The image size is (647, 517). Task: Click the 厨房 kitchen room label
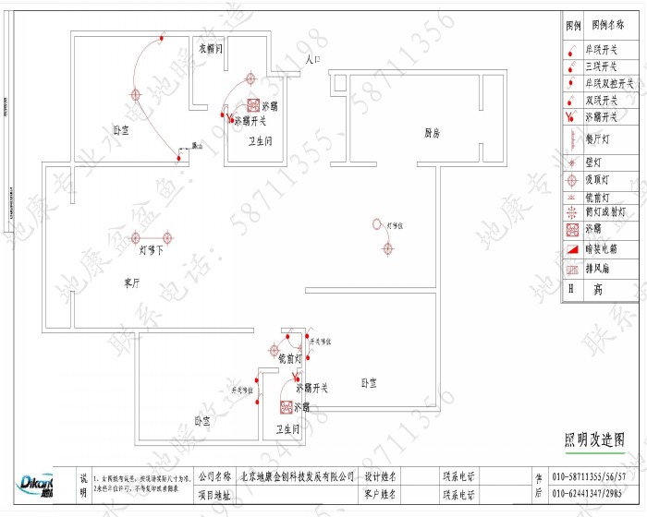point(432,134)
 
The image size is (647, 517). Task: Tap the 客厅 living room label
point(131,283)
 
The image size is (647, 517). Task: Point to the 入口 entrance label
point(312,59)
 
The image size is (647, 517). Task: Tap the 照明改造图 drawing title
point(594,440)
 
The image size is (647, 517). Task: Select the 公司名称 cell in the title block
point(214,476)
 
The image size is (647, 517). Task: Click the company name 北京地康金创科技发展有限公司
point(298,476)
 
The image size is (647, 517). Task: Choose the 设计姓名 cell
point(380,476)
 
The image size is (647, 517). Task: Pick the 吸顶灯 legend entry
point(601,180)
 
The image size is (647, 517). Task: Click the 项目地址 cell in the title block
point(214,495)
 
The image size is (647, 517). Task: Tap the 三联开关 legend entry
point(603,66)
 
